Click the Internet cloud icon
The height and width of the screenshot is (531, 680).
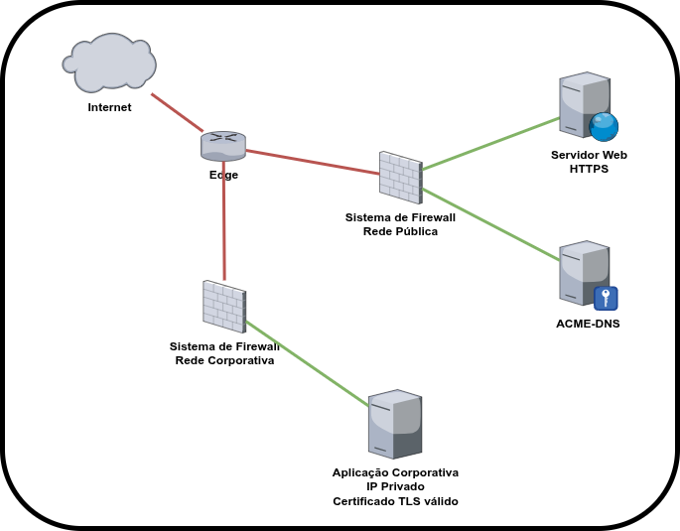coord(109,63)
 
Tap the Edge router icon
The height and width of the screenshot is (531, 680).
coord(223,146)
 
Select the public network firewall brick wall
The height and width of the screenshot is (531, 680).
coord(401,178)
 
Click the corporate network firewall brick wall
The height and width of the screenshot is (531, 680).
coord(224,307)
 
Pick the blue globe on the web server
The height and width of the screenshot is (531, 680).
coord(604,127)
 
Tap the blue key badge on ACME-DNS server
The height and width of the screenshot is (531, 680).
coord(606,298)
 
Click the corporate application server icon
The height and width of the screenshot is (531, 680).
coord(395,424)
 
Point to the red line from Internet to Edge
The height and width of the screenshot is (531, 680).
coord(177,112)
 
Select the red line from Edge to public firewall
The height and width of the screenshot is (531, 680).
coord(313,162)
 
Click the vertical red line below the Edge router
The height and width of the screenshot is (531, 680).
coord(224,220)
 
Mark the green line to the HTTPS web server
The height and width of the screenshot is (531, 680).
coord(491,144)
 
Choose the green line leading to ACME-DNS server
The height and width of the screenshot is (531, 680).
coord(490,224)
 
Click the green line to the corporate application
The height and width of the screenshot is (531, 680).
coord(307,363)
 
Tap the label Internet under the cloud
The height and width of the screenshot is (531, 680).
coord(109,107)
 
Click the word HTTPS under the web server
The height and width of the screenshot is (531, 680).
coord(589,169)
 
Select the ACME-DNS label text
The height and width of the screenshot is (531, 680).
coord(588,324)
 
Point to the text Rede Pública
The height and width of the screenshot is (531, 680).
coord(400,231)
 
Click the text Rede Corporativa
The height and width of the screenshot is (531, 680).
coord(224,360)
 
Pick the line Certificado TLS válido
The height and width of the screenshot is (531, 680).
coord(395,501)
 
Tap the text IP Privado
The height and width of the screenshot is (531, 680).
coord(395,486)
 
